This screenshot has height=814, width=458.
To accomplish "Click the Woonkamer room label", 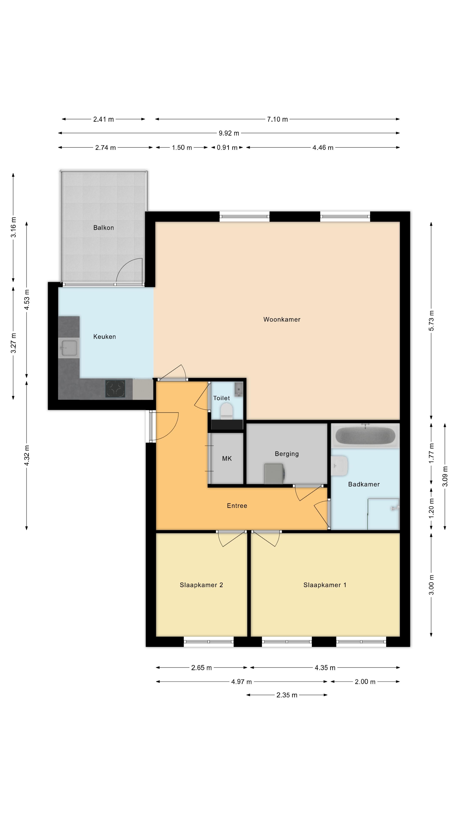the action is (x=282, y=319).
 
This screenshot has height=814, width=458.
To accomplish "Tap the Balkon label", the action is (x=103, y=227).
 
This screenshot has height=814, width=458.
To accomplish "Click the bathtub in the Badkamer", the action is (x=365, y=435).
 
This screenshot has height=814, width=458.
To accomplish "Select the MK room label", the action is (x=227, y=459).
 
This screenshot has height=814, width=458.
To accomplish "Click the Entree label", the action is (x=237, y=506).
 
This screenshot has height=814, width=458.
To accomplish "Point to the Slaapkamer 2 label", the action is (x=201, y=585).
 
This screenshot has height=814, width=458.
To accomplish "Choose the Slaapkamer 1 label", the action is (x=325, y=585).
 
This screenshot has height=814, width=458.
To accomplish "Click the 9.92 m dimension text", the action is (x=229, y=133).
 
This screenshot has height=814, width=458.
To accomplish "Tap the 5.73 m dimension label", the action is (x=431, y=321).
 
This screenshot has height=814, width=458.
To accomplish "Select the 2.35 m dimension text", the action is (x=287, y=695).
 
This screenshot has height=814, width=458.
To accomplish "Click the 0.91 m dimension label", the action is (x=227, y=148).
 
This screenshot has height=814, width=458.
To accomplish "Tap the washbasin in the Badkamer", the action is (x=339, y=466).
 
